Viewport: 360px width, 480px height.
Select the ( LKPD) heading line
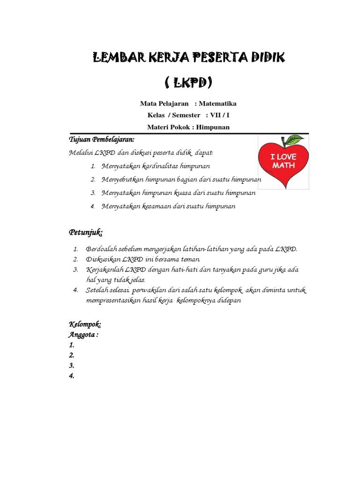[188, 83]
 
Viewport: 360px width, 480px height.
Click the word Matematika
[218, 104]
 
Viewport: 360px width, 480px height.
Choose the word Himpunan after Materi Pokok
[213, 127]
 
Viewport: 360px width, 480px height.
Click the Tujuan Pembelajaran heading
[102, 140]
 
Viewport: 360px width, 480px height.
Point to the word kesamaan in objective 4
[160, 206]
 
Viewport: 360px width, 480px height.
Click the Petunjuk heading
[86, 232]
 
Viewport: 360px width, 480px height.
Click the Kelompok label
[85, 324]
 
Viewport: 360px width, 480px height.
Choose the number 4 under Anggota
[71, 375]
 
